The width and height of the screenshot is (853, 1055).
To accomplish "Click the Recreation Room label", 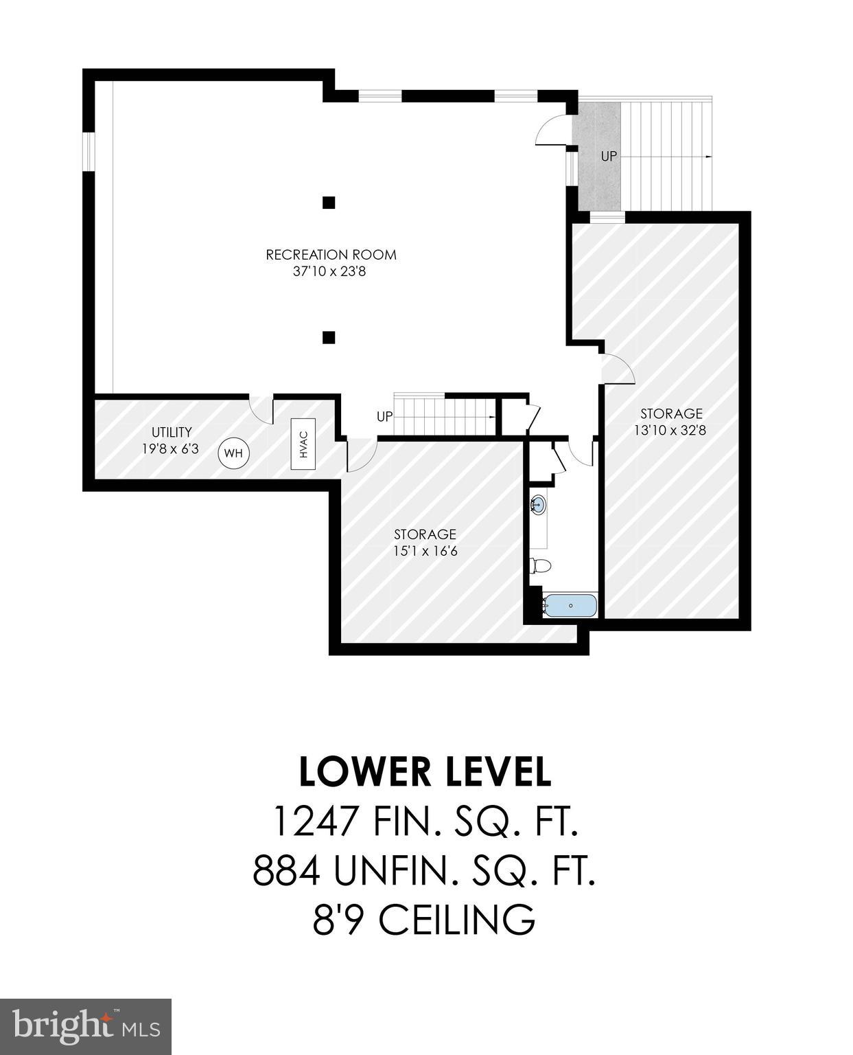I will pyautogui.click(x=331, y=255).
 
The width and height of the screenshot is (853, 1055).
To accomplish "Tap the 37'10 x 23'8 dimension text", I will pyautogui.click(x=329, y=272).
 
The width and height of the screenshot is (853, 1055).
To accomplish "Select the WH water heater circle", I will pyautogui.click(x=234, y=453).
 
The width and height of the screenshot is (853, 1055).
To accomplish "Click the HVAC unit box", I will pyautogui.click(x=303, y=444).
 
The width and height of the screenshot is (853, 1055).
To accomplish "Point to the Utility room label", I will pyautogui.click(x=172, y=432).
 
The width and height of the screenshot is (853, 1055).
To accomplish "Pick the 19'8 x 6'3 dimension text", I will pyautogui.click(x=172, y=449).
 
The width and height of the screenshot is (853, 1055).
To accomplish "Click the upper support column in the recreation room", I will pyautogui.click(x=329, y=203).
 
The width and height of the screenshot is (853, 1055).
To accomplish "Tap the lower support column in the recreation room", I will pyautogui.click(x=329, y=337).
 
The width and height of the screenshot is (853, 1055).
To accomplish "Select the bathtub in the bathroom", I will pyautogui.click(x=570, y=606).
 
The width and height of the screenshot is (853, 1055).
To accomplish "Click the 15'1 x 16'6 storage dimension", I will pyautogui.click(x=425, y=552).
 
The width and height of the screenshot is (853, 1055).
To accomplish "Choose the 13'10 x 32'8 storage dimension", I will pyautogui.click(x=670, y=431).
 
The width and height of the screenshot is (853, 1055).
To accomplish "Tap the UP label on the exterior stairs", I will pyautogui.click(x=609, y=157).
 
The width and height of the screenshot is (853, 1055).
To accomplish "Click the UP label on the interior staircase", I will pyautogui.click(x=384, y=417).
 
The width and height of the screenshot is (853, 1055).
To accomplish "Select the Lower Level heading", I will pyautogui.click(x=425, y=772).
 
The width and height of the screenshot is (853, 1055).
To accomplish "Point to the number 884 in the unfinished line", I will pyautogui.click(x=287, y=872).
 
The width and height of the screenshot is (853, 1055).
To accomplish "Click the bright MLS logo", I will pyautogui.click(x=86, y=1027).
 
